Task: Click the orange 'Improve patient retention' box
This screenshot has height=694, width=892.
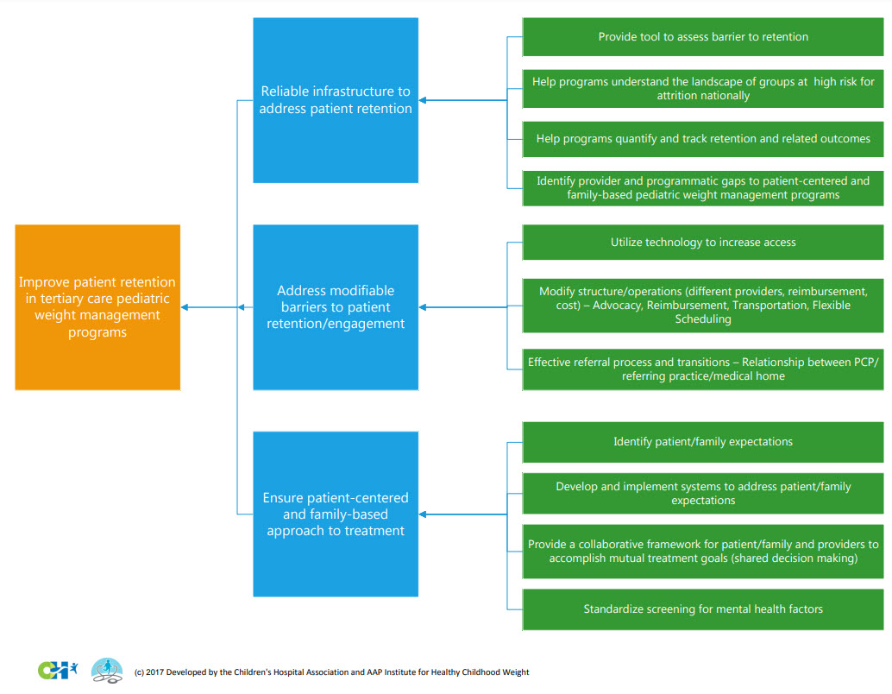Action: tap(97, 307)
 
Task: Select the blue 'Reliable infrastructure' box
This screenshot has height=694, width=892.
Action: tap(336, 100)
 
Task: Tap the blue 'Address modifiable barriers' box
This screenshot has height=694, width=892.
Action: tap(336, 307)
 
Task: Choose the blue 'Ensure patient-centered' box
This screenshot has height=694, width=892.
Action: tap(336, 514)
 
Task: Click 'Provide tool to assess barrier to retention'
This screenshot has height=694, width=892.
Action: tap(703, 37)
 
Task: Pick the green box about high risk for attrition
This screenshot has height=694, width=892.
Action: tap(703, 89)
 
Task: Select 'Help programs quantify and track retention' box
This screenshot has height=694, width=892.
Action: tap(703, 139)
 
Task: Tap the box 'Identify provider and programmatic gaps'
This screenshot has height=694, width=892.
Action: tap(703, 188)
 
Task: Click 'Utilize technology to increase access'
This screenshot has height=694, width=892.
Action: tap(703, 243)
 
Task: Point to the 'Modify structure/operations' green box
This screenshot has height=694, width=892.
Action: tap(703, 305)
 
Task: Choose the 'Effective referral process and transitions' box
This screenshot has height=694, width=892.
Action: tap(703, 369)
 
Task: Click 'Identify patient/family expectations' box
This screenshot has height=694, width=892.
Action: tap(703, 442)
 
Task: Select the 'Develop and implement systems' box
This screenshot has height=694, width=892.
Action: tap(703, 493)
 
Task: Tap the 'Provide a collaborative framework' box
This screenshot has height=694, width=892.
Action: tap(703, 551)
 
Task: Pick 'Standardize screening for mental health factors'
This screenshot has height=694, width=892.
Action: tap(703, 609)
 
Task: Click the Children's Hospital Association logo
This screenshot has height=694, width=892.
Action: tap(58, 669)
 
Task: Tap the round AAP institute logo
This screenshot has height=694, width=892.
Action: tap(107, 670)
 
